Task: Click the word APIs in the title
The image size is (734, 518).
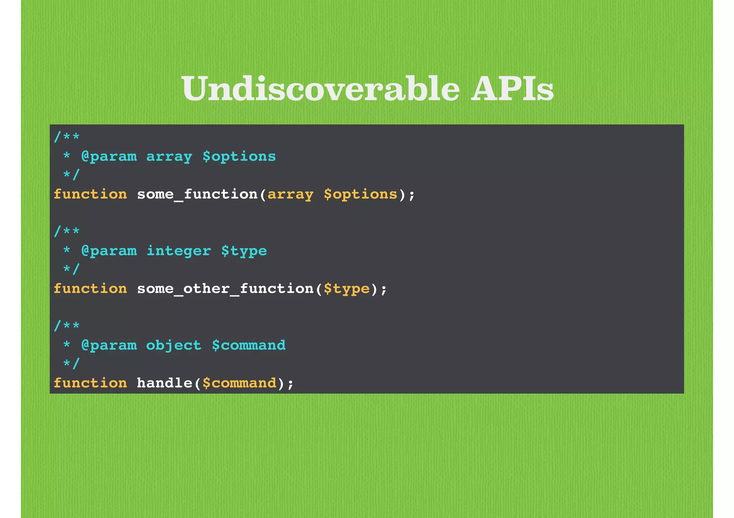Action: point(512,89)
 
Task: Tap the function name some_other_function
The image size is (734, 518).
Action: point(225,289)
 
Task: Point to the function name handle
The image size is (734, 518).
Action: point(165,383)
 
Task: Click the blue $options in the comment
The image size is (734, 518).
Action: point(239,157)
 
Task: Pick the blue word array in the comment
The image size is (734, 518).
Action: point(169,157)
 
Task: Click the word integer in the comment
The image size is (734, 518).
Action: point(178,251)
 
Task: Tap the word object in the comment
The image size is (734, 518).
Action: point(174,345)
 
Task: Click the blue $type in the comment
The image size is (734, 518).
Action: point(244,251)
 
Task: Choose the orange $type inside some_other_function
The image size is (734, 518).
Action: point(346,289)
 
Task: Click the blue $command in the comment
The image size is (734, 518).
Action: point(248,345)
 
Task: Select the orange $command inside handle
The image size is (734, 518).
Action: point(239,383)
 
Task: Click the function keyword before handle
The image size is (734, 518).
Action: point(90,383)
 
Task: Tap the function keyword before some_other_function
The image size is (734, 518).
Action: point(90,289)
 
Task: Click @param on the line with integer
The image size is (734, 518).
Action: point(109,251)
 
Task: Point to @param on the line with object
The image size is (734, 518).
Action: point(109,345)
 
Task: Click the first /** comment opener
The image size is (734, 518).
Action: point(67,137)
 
